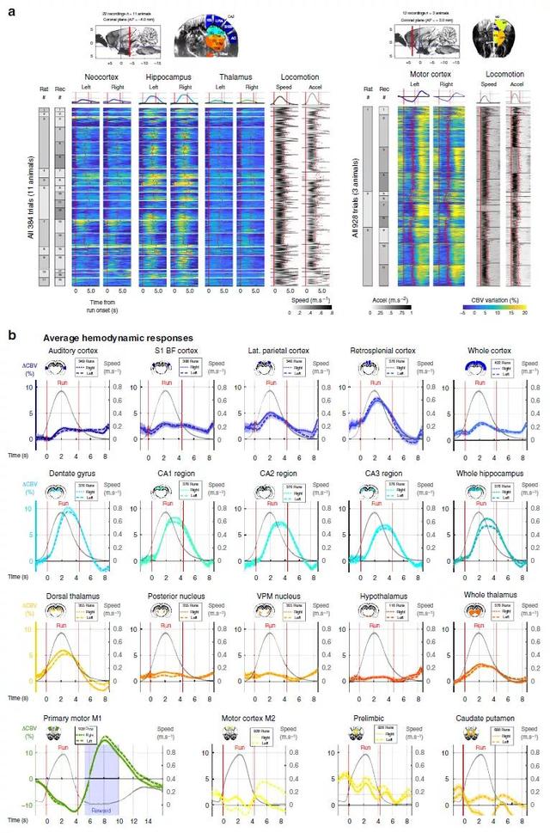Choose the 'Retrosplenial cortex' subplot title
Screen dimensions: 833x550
click(x=378, y=351)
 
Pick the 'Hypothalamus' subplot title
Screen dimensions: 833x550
click(x=378, y=595)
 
